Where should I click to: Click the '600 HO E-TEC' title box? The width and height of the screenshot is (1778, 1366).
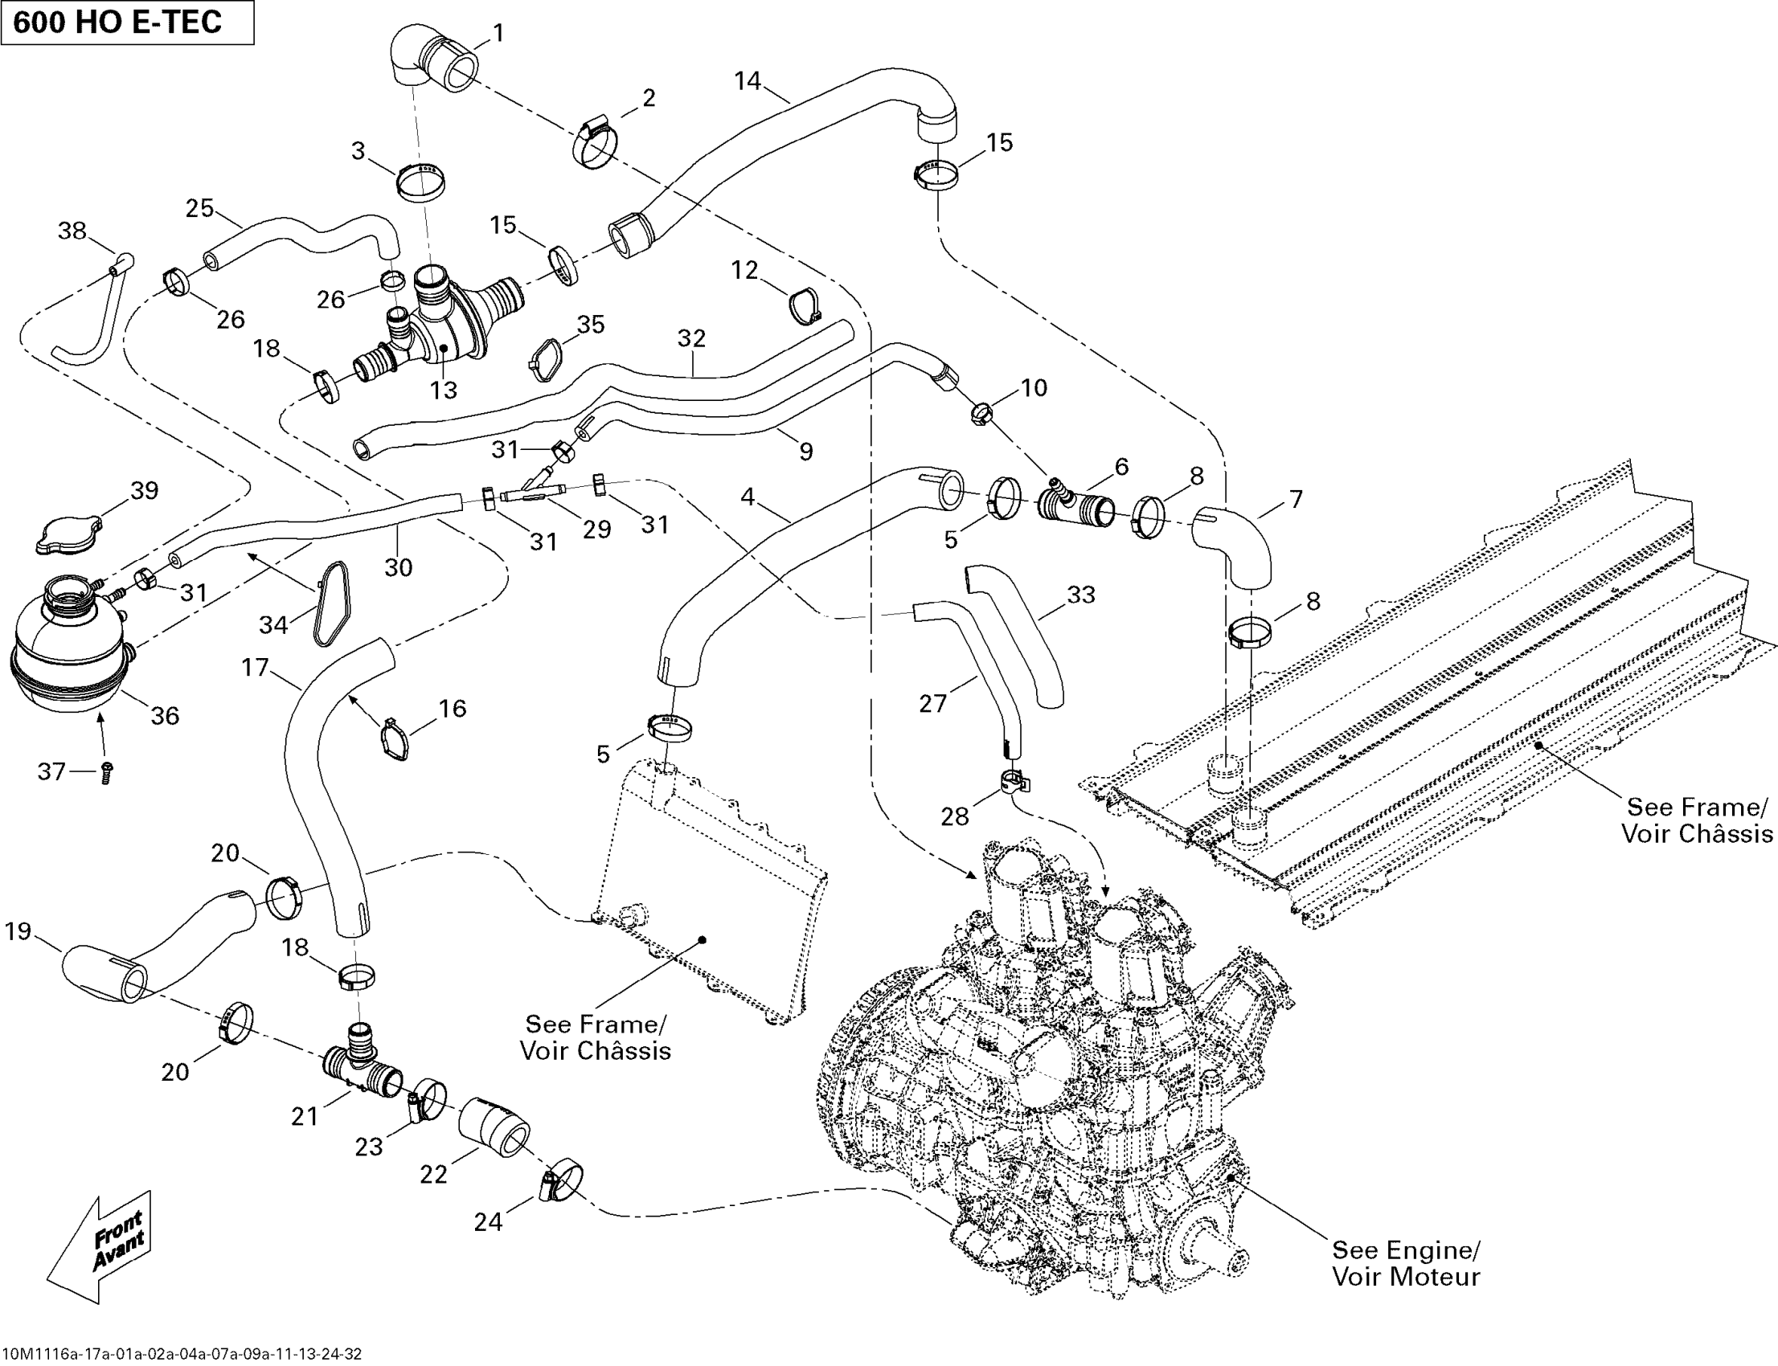[x=127, y=22]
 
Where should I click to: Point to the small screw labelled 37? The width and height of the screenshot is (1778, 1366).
[x=106, y=773]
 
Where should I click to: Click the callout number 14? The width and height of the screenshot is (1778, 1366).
[x=747, y=80]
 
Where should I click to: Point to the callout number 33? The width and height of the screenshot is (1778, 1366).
[x=1080, y=595]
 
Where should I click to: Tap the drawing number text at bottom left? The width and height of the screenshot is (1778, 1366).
[x=182, y=1354]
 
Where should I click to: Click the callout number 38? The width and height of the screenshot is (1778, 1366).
[x=72, y=231]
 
